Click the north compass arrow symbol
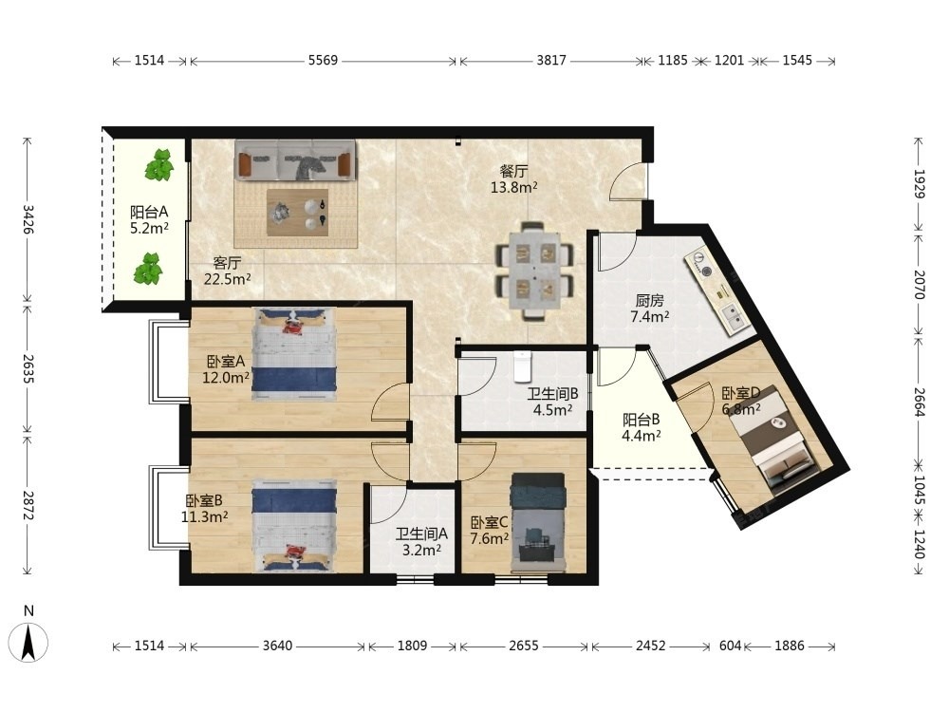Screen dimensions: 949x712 (28, 643)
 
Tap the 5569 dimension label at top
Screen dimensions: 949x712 (323, 60)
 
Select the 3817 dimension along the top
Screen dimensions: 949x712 (550, 60)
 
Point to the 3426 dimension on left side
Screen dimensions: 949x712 (28, 218)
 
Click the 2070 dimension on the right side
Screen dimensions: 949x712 (920, 285)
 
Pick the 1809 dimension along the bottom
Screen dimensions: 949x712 (412, 646)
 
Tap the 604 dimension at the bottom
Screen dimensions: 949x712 (730, 646)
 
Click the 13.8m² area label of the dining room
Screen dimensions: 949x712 (513, 187)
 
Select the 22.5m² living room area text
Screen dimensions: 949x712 (228, 279)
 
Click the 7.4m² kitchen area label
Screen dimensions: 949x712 (649, 316)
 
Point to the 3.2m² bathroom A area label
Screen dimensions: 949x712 (421, 550)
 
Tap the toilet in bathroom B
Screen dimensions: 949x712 (522, 366)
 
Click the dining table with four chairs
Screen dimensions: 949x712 (534, 270)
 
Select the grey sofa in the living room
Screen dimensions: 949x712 (295, 159)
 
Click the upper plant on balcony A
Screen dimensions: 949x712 (159, 164)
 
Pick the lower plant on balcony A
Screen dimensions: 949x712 (148, 270)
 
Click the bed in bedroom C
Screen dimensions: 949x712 (538, 522)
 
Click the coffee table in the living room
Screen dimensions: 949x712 (298, 212)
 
